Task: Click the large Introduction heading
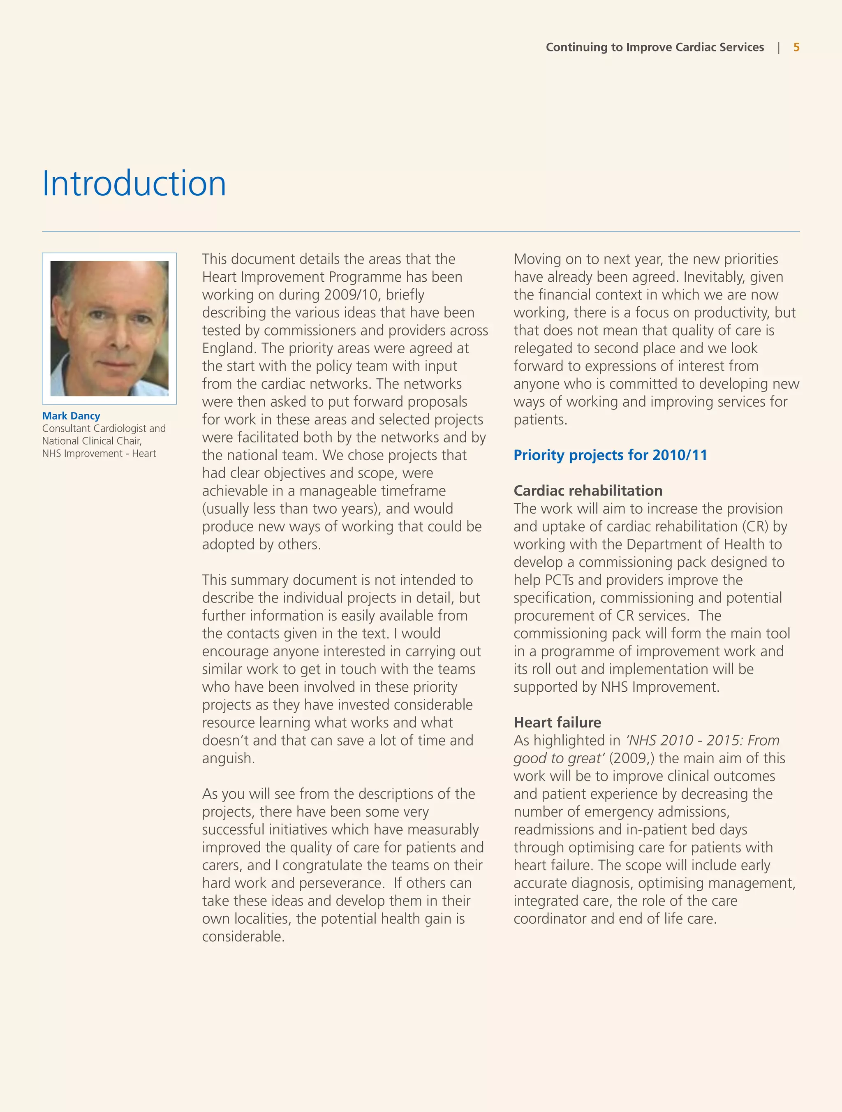[134, 183]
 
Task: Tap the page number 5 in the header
[796, 47]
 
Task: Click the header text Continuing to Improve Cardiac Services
[655, 47]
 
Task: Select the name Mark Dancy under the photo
[71, 416]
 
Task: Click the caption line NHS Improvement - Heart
[99, 454]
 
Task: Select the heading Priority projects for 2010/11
[610, 455]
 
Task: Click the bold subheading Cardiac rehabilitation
[588, 491]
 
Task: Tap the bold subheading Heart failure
[557, 723]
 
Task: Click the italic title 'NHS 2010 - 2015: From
[702, 741]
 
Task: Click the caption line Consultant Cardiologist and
[104, 429]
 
